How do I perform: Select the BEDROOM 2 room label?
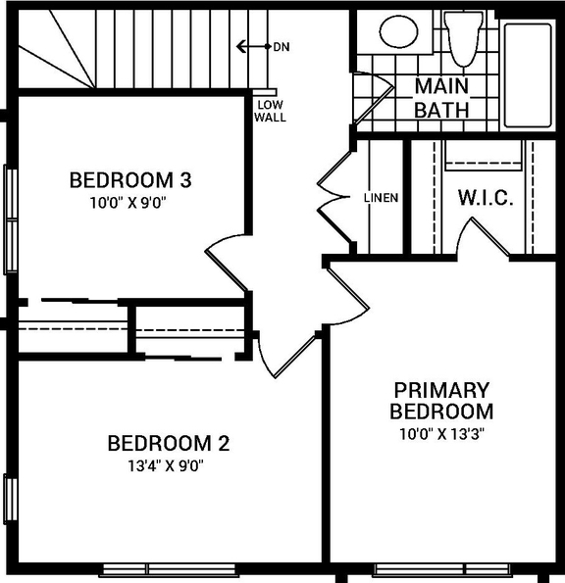pyautogui.click(x=168, y=443)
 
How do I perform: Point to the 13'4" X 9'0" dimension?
pyautogui.click(x=168, y=465)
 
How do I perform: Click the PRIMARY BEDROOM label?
pyautogui.click(x=440, y=400)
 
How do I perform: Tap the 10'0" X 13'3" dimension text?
pyautogui.click(x=440, y=432)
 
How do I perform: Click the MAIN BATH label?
pyautogui.click(x=441, y=98)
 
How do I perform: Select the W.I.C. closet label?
pyautogui.click(x=486, y=198)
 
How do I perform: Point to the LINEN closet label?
pyautogui.click(x=381, y=198)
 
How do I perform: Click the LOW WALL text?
pyautogui.click(x=270, y=111)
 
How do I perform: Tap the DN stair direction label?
pyautogui.click(x=282, y=46)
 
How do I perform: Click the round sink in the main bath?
pyautogui.click(x=398, y=32)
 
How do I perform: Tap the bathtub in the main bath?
pyautogui.click(x=530, y=73)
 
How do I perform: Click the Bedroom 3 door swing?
pyautogui.click(x=228, y=260)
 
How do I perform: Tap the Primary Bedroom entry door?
pyautogui.click(x=348, y=289)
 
